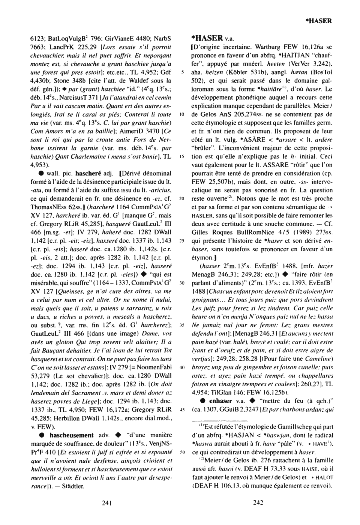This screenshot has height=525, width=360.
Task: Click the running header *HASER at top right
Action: click(319, 21)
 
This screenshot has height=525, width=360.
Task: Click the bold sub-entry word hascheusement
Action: click(71, 435)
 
